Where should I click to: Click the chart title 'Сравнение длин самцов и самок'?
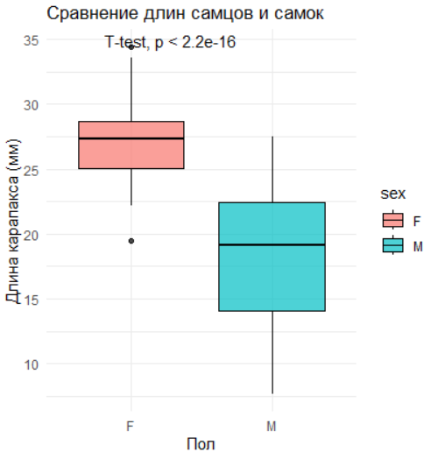coord(185,14)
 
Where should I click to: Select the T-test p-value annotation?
coord(170,42)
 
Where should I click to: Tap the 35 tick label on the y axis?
coord(31,40)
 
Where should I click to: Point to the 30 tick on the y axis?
coord(31,105)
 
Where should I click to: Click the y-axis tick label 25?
coord(31,170)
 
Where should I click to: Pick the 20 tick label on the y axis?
coord(31,235)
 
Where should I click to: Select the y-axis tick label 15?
coord(31,300)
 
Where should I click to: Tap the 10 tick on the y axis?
coord(31,364)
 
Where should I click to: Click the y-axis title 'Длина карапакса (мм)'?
coord(13,221)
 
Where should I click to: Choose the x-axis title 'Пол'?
coord(201,444)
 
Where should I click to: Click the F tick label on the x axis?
coord(130,427)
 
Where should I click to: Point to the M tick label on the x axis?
coord(272,427)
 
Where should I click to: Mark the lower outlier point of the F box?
coord(131,241)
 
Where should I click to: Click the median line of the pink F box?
coord(131,138)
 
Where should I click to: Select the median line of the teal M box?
coord(272,244)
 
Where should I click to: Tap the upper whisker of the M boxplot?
coord(272,169)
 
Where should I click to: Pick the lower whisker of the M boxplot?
coord(272,352)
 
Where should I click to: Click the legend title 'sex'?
coord(393,194)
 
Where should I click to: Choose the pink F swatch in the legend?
coord(393,220)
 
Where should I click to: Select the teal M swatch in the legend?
coord(393,245)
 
